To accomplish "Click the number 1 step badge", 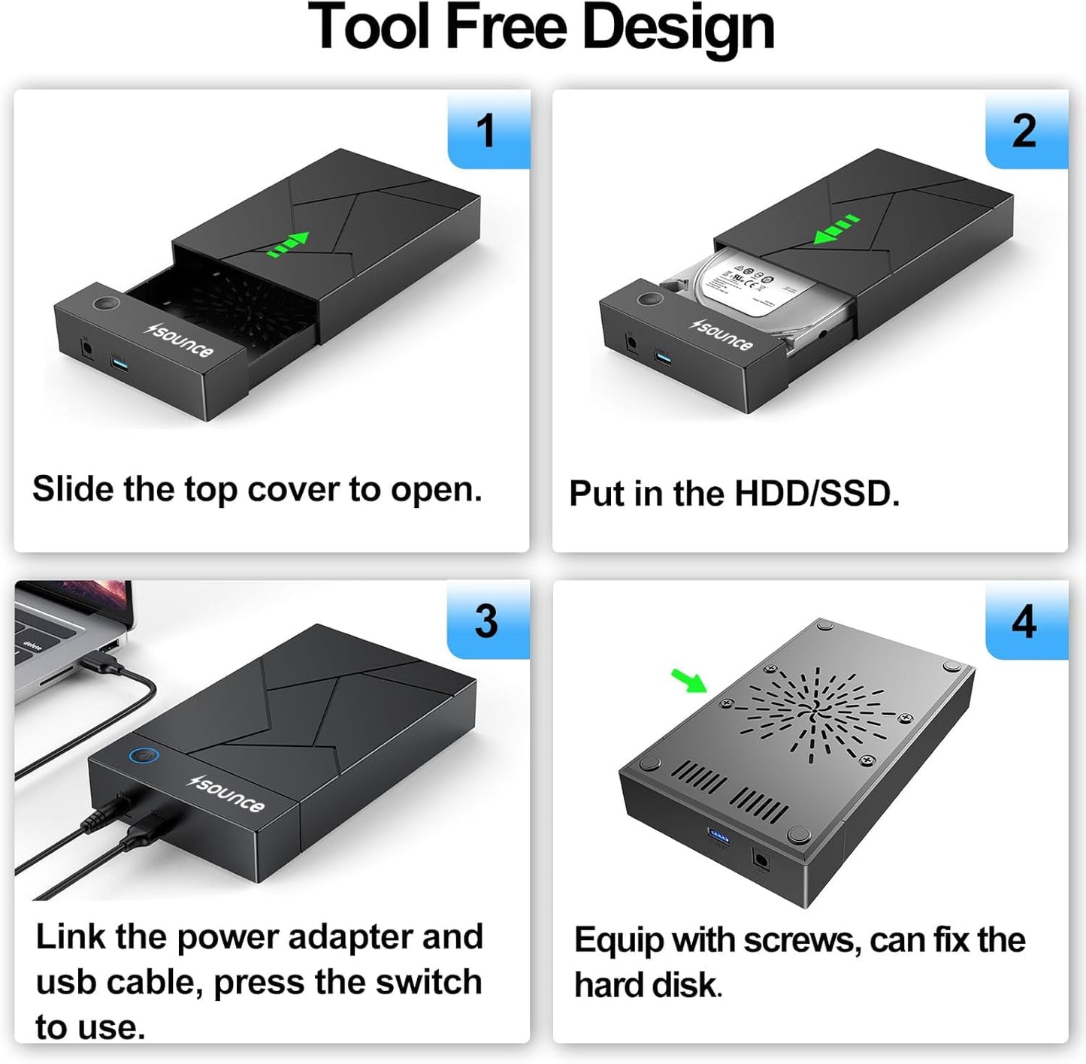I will [488, 131].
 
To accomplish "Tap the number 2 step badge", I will [1025, 131].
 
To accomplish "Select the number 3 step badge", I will [487, 621].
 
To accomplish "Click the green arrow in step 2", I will [836, 229].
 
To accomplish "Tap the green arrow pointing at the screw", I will [688, 681].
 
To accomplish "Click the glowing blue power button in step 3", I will [141, 757].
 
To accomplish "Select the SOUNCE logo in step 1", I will [180, 340].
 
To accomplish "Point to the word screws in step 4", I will [801, 941].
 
